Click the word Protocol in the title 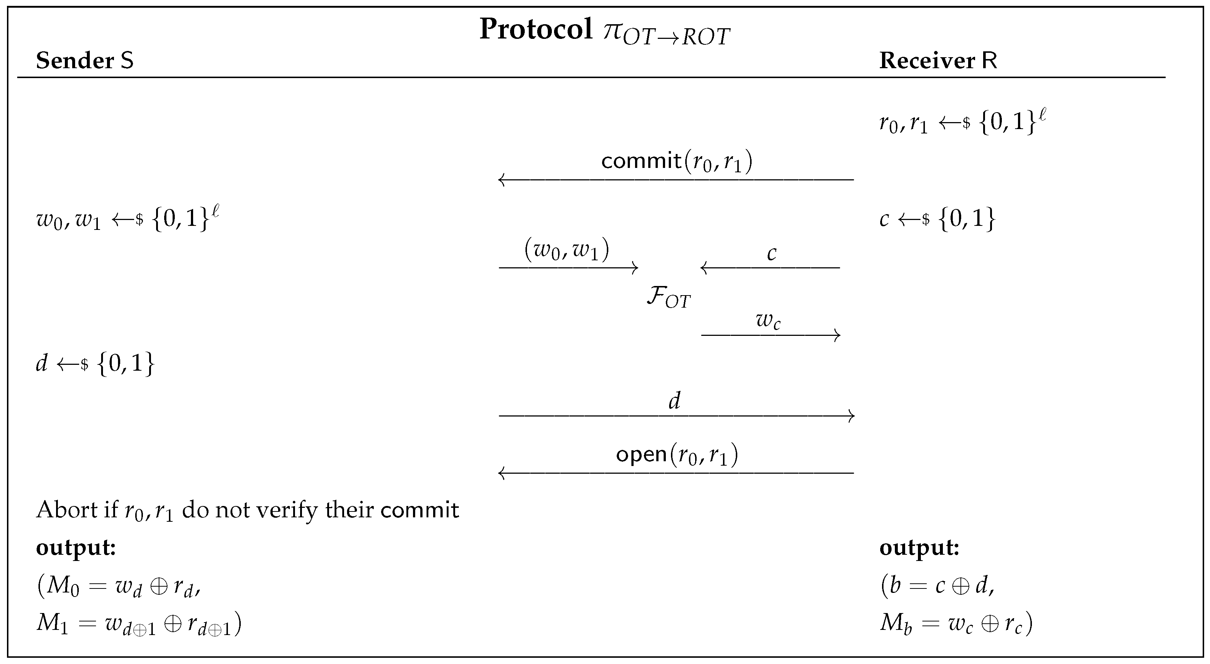pos(535,29)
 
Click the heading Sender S pos(85,60)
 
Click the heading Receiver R pos(938,60)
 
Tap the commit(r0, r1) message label pos(676,162)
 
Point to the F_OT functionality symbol pos(668,297)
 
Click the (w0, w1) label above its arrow pos(567,250)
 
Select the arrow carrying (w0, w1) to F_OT pos(568,268)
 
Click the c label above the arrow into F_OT pos(771,254)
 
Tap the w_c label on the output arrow pos(768,320)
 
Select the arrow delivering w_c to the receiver pos(770,335)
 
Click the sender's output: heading pos(75,548)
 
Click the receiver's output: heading pos(919,548)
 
